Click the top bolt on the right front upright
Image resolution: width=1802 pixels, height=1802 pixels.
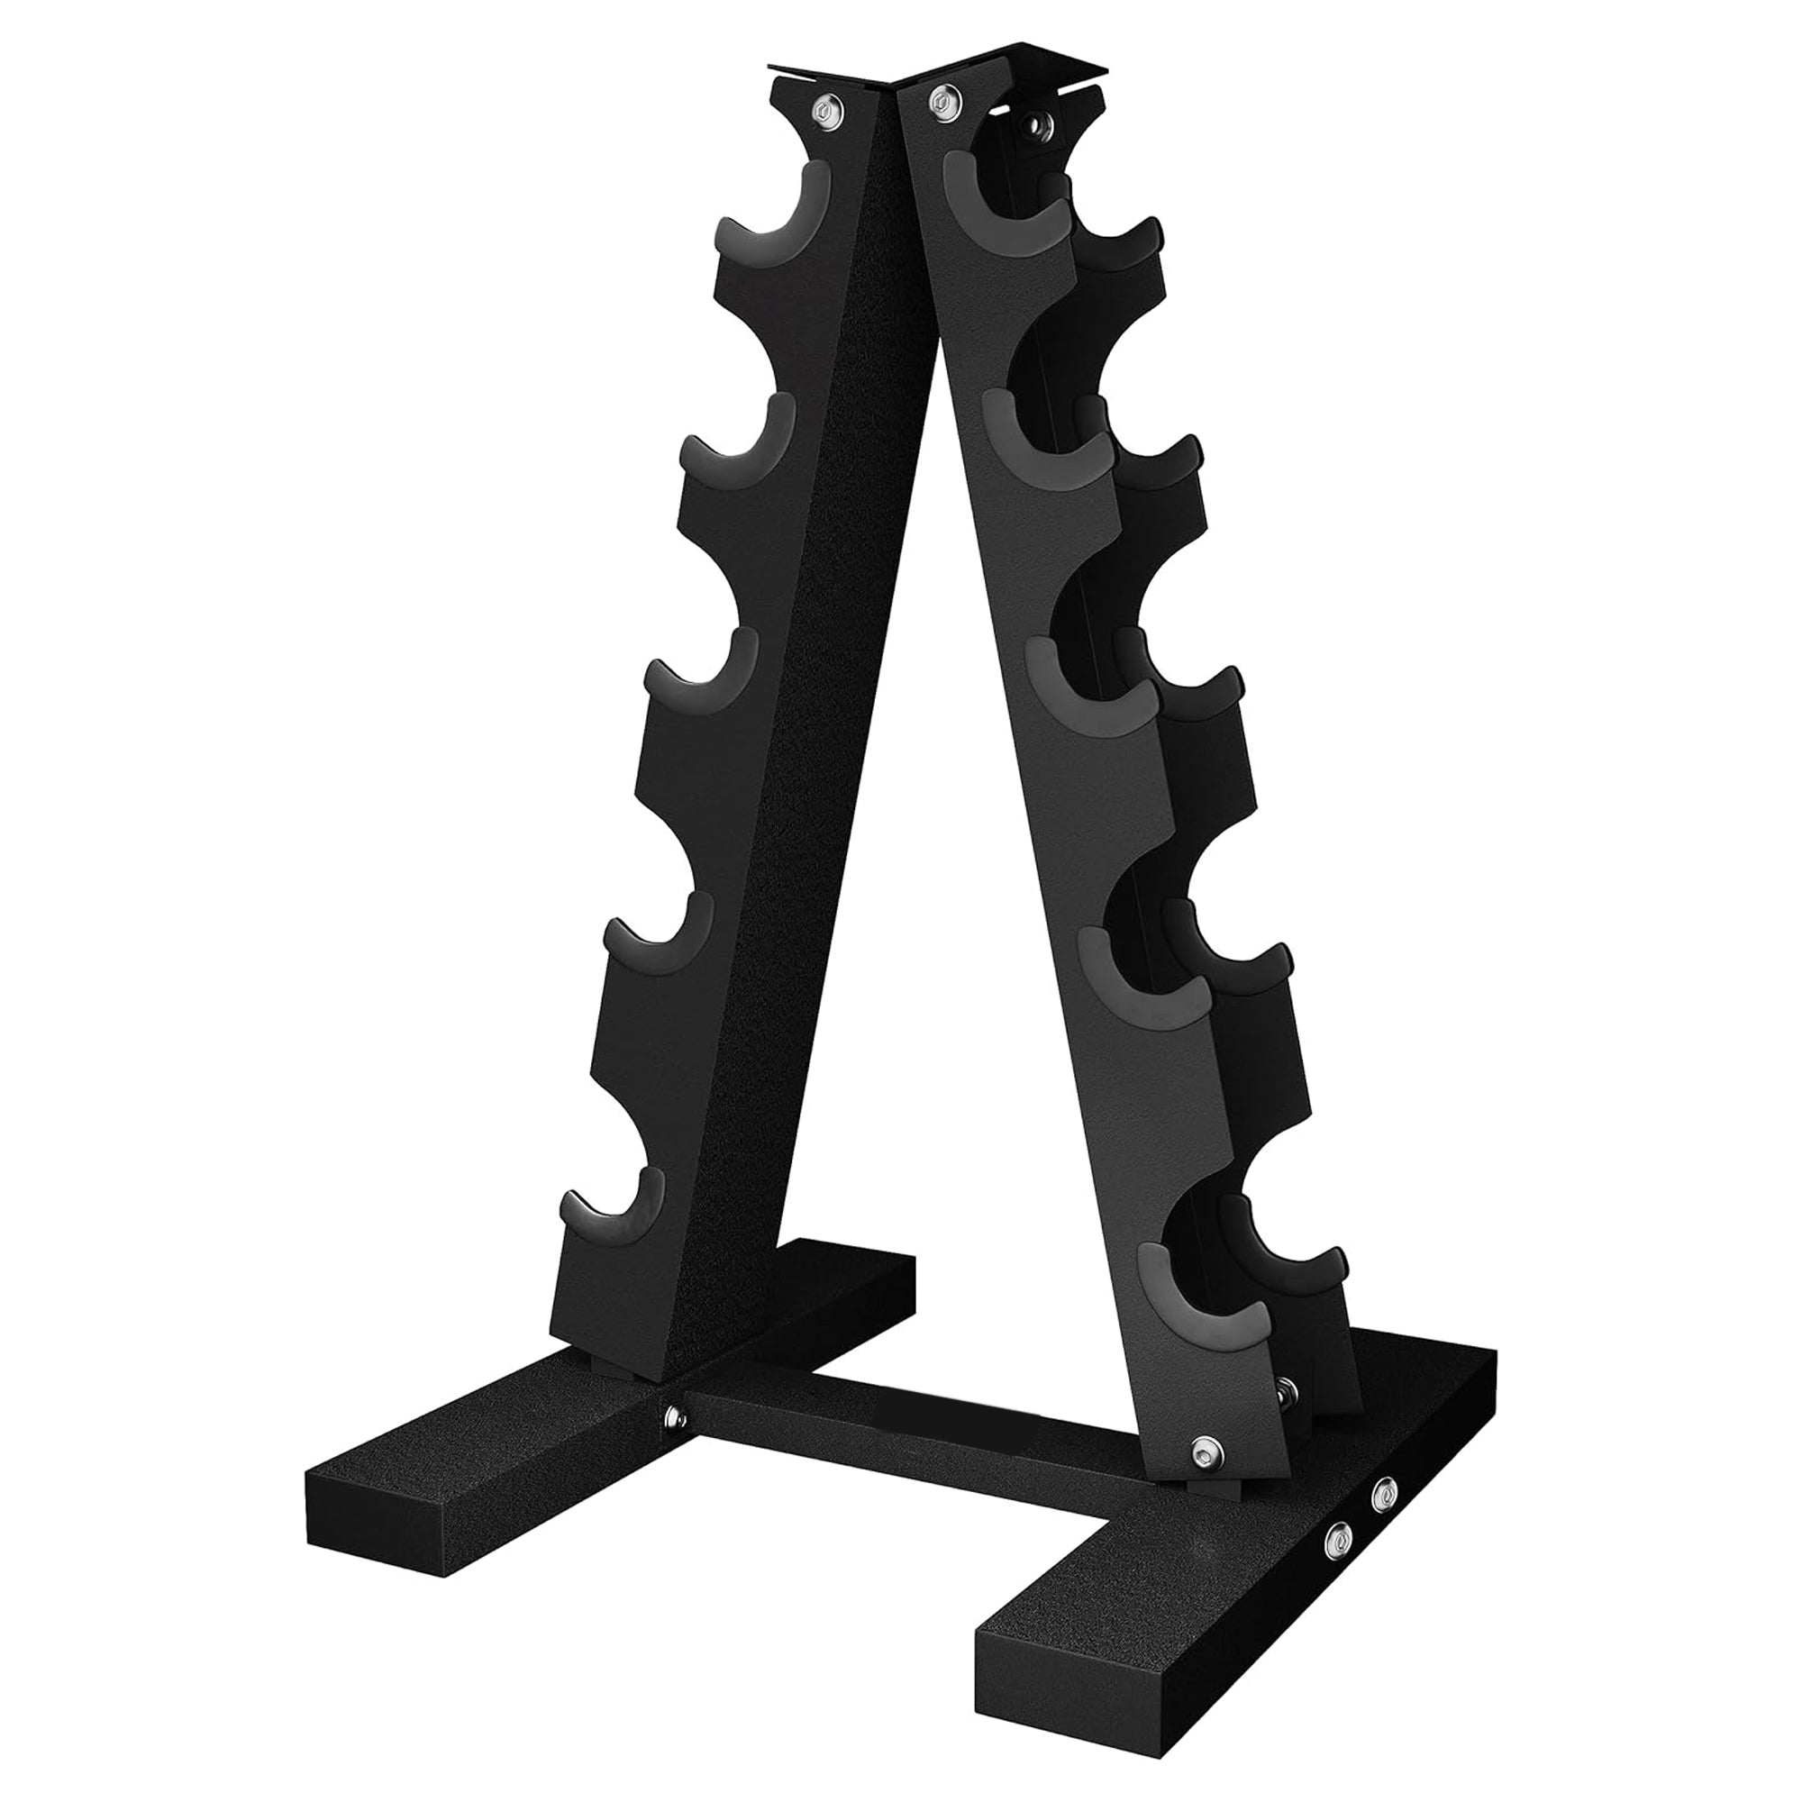click(x=942, y=99)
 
